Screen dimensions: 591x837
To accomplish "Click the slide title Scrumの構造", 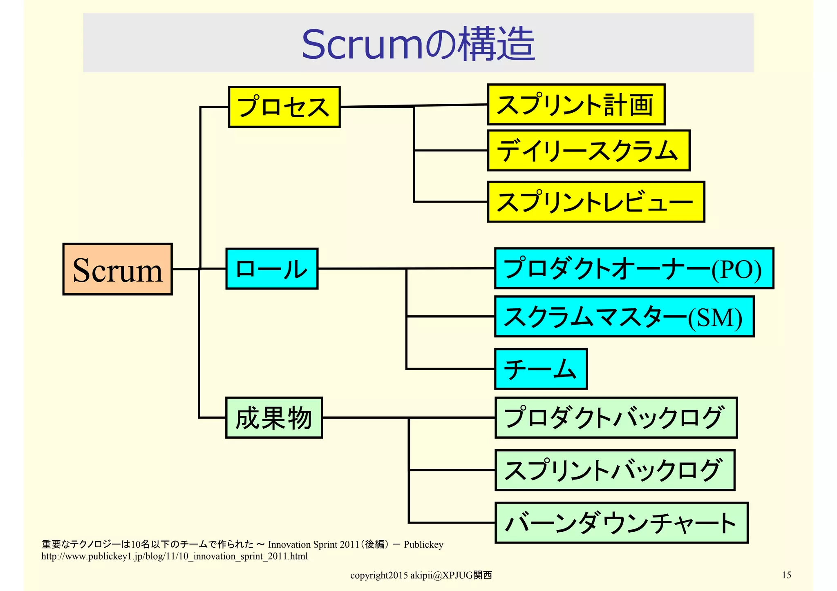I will (418, 44).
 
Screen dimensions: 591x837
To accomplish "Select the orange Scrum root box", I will (117, 269).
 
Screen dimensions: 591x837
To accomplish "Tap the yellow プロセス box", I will (284, 107).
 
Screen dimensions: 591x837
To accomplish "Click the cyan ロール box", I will (272, 269).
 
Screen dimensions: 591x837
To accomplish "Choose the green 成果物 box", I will (274, 418).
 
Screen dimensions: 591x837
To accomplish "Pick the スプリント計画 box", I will (576, 105).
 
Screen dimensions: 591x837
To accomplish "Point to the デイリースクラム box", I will (589, 150).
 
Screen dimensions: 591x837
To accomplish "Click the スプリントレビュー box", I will (596, 202).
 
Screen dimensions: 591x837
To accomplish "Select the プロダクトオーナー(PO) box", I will (634, 268).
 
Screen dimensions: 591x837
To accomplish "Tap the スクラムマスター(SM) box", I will (624, 317).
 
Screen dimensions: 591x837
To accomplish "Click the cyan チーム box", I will (541, 369).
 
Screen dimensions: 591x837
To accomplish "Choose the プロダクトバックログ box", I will (616, 417).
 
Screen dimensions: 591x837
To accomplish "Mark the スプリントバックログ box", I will (615, 470).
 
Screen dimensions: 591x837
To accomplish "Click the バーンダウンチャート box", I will (621, 523).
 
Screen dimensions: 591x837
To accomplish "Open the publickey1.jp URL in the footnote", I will (175, 556).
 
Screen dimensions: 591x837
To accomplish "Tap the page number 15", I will (786, 575).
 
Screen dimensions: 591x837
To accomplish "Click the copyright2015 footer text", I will (421, 575).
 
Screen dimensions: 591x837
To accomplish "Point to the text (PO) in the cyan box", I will (736, 270).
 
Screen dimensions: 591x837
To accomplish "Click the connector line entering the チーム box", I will (450, 369).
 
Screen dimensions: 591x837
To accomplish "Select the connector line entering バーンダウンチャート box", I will (452, 522).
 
